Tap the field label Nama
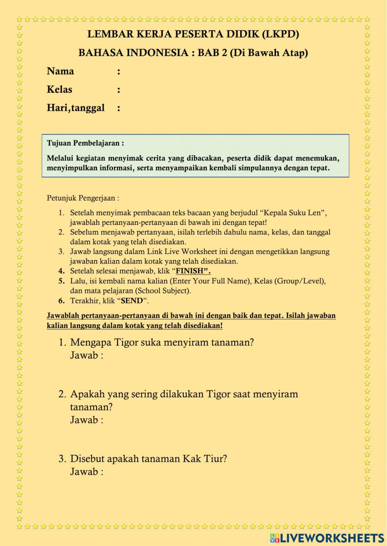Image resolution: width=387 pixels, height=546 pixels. [x=60, y=71]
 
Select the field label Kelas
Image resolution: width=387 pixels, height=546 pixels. [x=59, y=90]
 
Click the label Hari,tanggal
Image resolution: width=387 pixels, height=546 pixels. [x=75, y=108]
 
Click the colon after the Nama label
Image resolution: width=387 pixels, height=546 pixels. [x=118, y=72]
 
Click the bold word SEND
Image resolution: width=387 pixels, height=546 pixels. [x=132, y=301]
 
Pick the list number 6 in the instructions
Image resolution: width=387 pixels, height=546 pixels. [x=61, y=301]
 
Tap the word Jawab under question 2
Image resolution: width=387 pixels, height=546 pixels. [x=84, y=420]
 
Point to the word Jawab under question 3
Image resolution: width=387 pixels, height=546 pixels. [x=84, y=472]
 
